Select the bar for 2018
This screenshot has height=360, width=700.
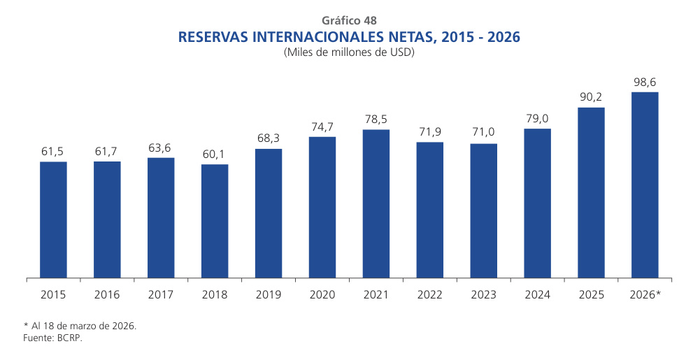click(215, 221)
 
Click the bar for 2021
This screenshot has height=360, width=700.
click(376, 203)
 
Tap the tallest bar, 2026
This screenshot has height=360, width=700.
click(645, 185)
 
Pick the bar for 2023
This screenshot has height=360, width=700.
click(484, 210)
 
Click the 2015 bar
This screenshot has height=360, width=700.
click(53, 219)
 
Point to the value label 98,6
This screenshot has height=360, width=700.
click(645, 80)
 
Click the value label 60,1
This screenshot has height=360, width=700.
click(215, 153)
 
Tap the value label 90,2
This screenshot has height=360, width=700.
click(592, 96)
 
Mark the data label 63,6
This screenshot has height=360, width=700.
click(161, 147)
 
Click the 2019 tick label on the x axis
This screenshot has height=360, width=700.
click(269, 295)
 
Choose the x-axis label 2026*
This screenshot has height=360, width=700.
click(645, 295)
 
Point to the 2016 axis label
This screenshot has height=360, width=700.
click(107, 295)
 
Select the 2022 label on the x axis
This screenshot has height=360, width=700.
click(430, 295)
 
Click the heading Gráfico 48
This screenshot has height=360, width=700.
click(350, 20)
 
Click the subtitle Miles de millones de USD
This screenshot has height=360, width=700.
click(350, 52)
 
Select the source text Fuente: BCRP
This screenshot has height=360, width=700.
click(53, 338)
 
